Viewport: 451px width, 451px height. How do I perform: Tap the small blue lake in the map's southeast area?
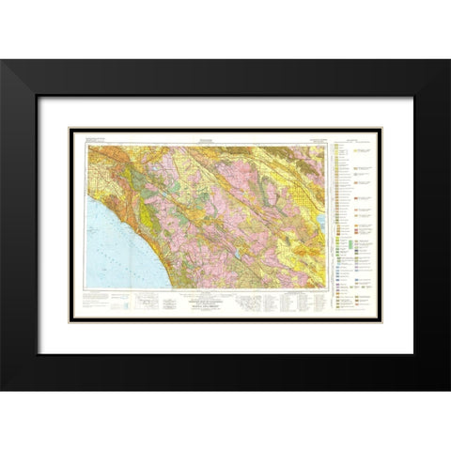pos(246,253)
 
